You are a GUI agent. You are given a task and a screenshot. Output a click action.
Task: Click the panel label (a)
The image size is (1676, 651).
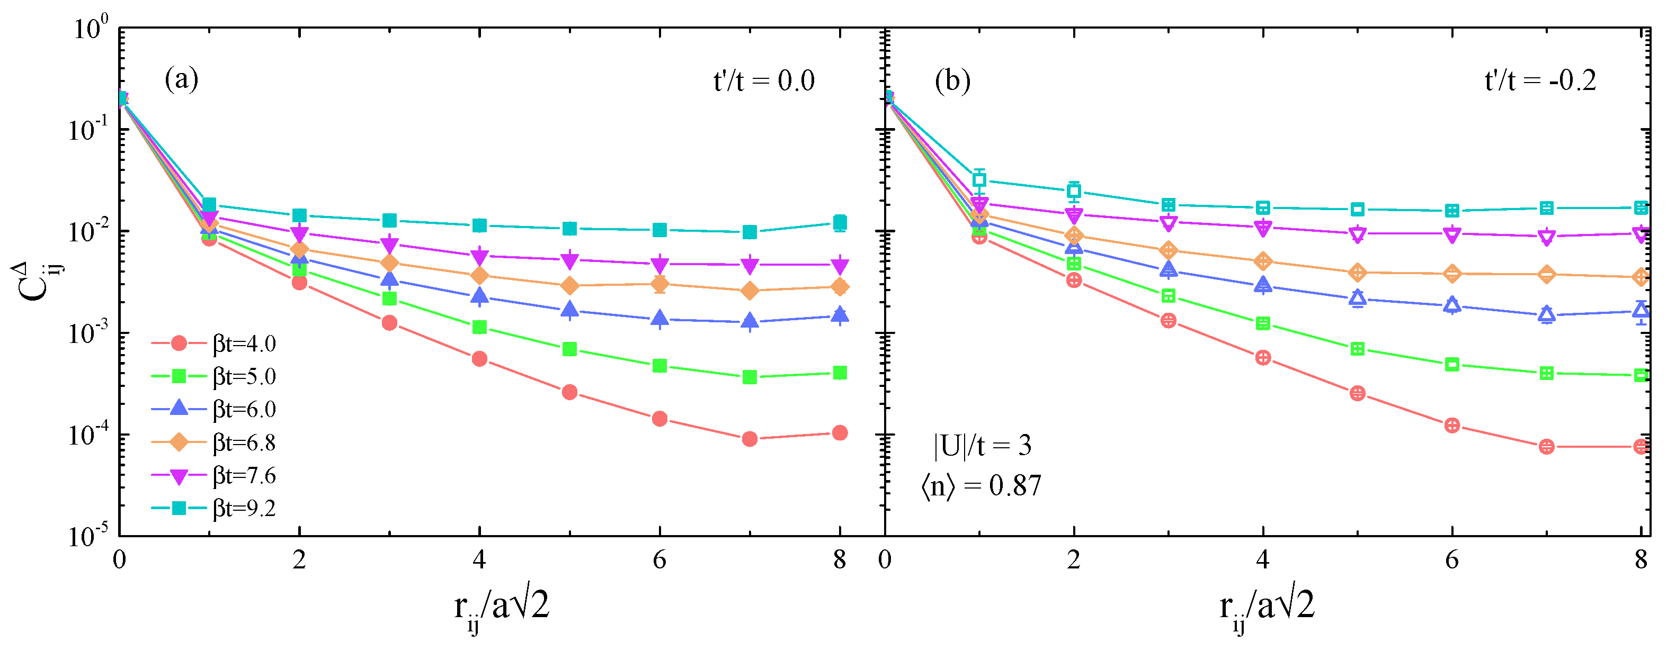click(x=182, y=80)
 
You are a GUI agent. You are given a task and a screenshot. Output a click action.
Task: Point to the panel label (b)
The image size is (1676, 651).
click(x=952, y=82)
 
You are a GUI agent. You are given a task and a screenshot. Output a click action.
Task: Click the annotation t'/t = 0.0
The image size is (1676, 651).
click(x=764, y=82)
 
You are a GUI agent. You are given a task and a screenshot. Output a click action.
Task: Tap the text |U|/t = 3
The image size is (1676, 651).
click(x=983, y=446)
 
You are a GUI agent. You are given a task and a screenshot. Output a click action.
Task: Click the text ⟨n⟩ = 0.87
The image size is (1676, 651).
click(x=981, y=486)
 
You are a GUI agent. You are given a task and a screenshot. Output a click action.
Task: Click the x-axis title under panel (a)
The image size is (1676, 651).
click(x=501, y=608)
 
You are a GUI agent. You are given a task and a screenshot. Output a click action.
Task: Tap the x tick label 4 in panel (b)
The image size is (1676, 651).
click(x=1263, y=560)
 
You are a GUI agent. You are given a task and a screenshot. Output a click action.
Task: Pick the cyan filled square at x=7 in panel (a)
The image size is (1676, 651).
click(x=750, y=232)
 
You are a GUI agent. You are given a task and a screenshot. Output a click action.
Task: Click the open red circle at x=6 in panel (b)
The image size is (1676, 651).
click(x=1452, y=426)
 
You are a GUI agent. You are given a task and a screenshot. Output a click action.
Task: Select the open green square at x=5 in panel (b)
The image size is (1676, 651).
click(x=1357, y=349)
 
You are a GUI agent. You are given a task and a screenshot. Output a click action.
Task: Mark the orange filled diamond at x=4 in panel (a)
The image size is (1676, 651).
click(x=479, y=276)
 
